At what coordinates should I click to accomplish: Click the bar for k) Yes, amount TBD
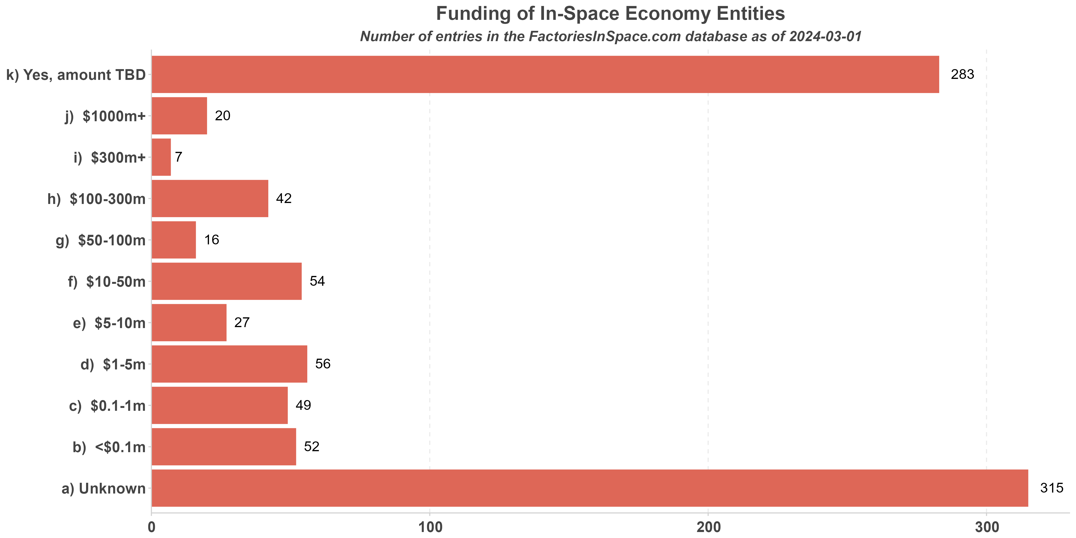[545, 74]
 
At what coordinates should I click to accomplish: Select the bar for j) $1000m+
[179, 116]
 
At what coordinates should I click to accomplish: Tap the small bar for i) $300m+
[161, 157]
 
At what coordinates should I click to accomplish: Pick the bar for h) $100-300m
[210, 198]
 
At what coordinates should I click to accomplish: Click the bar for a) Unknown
[589, 488]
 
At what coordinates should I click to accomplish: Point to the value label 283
[962, 74]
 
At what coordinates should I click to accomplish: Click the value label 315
[1052, 488]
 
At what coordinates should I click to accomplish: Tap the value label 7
[179, 157]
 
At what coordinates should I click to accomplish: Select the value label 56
[323, 364]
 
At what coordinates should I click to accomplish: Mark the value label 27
[242, 323]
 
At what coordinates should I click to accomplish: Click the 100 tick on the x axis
[430, 527]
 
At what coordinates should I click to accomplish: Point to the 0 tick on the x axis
[152, 527]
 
